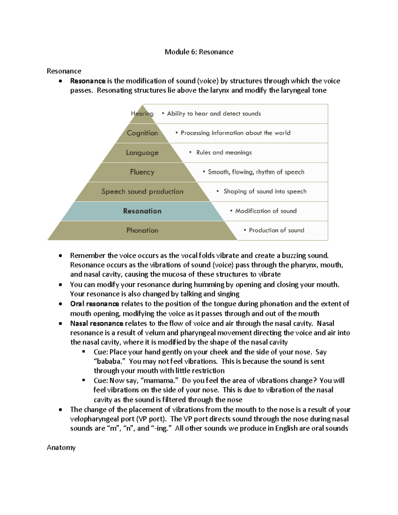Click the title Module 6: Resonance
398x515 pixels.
coord(199,52)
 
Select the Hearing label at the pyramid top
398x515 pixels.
coord(142,113)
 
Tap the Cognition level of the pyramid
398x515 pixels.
coord(142,133)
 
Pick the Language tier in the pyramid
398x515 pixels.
coord(142,153)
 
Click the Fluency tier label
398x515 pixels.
coord(142,172)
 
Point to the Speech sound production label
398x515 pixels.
coord(142,191)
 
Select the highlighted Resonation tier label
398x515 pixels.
coord(142,211)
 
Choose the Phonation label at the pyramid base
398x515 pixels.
coord(142,230)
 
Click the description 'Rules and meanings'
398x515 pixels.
coord(224,153)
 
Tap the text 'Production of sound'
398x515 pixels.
coord(276,230)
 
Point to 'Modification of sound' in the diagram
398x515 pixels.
coord(266,211)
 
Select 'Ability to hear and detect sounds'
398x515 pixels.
coord(214,113)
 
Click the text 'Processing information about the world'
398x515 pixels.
coord(235,133)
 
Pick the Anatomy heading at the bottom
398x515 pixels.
coord(61,447)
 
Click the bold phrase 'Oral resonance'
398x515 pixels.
coord(95,304)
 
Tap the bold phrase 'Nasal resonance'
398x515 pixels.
coord(97,323)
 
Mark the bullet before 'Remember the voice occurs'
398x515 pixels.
coord(60,256)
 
